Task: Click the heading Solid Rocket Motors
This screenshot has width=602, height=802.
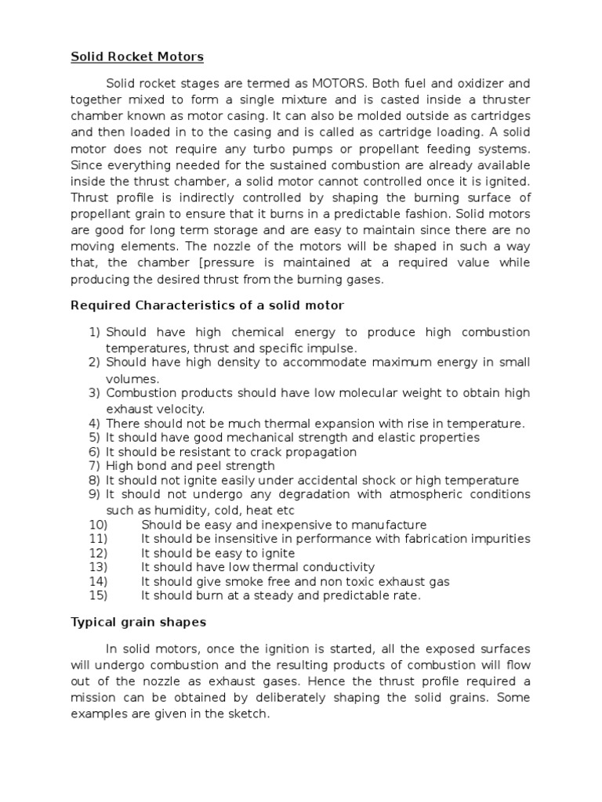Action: (x=137, y=57)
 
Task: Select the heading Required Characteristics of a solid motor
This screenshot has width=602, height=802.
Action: (x=208, y=305)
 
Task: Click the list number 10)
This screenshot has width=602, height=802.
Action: (x=98, y=525)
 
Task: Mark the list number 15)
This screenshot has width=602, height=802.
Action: (x=98, y=596)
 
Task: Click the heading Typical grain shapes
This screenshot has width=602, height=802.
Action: (x=139, y=622)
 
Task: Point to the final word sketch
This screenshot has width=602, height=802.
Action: (x=249, y=715)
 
